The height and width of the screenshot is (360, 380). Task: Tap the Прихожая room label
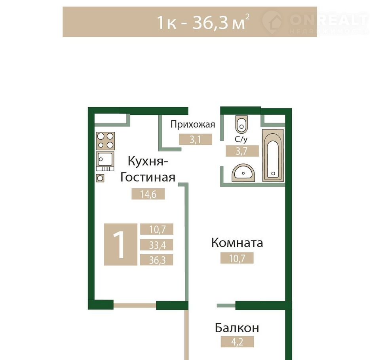(193, 125)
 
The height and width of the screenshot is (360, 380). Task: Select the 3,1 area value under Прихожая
(195, 140)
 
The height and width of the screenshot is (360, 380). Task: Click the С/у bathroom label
(241, 139)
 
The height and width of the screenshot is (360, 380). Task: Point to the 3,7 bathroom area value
(242, 151)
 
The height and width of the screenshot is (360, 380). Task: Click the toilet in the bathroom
(241, 124)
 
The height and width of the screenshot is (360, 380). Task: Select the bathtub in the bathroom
(273, 155)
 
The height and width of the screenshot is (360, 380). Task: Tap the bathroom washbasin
(243, 173)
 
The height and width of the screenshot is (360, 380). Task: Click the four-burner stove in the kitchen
(105, 141)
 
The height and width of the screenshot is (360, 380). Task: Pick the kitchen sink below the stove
(105, 161)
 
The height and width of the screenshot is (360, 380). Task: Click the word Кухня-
(148, 161)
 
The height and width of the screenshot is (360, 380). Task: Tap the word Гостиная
(148, 177)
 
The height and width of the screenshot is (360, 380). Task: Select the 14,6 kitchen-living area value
(148, 194)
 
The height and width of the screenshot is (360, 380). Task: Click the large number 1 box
(120, 244)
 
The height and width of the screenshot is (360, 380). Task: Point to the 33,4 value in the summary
(157, 245)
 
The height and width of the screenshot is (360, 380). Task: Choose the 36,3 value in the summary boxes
(157, 260)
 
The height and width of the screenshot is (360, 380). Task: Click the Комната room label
(237, 243)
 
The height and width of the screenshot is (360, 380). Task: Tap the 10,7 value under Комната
(237, 258)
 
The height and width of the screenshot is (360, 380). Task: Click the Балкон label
(237, 328)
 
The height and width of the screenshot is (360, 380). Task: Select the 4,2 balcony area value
(237, 342)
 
